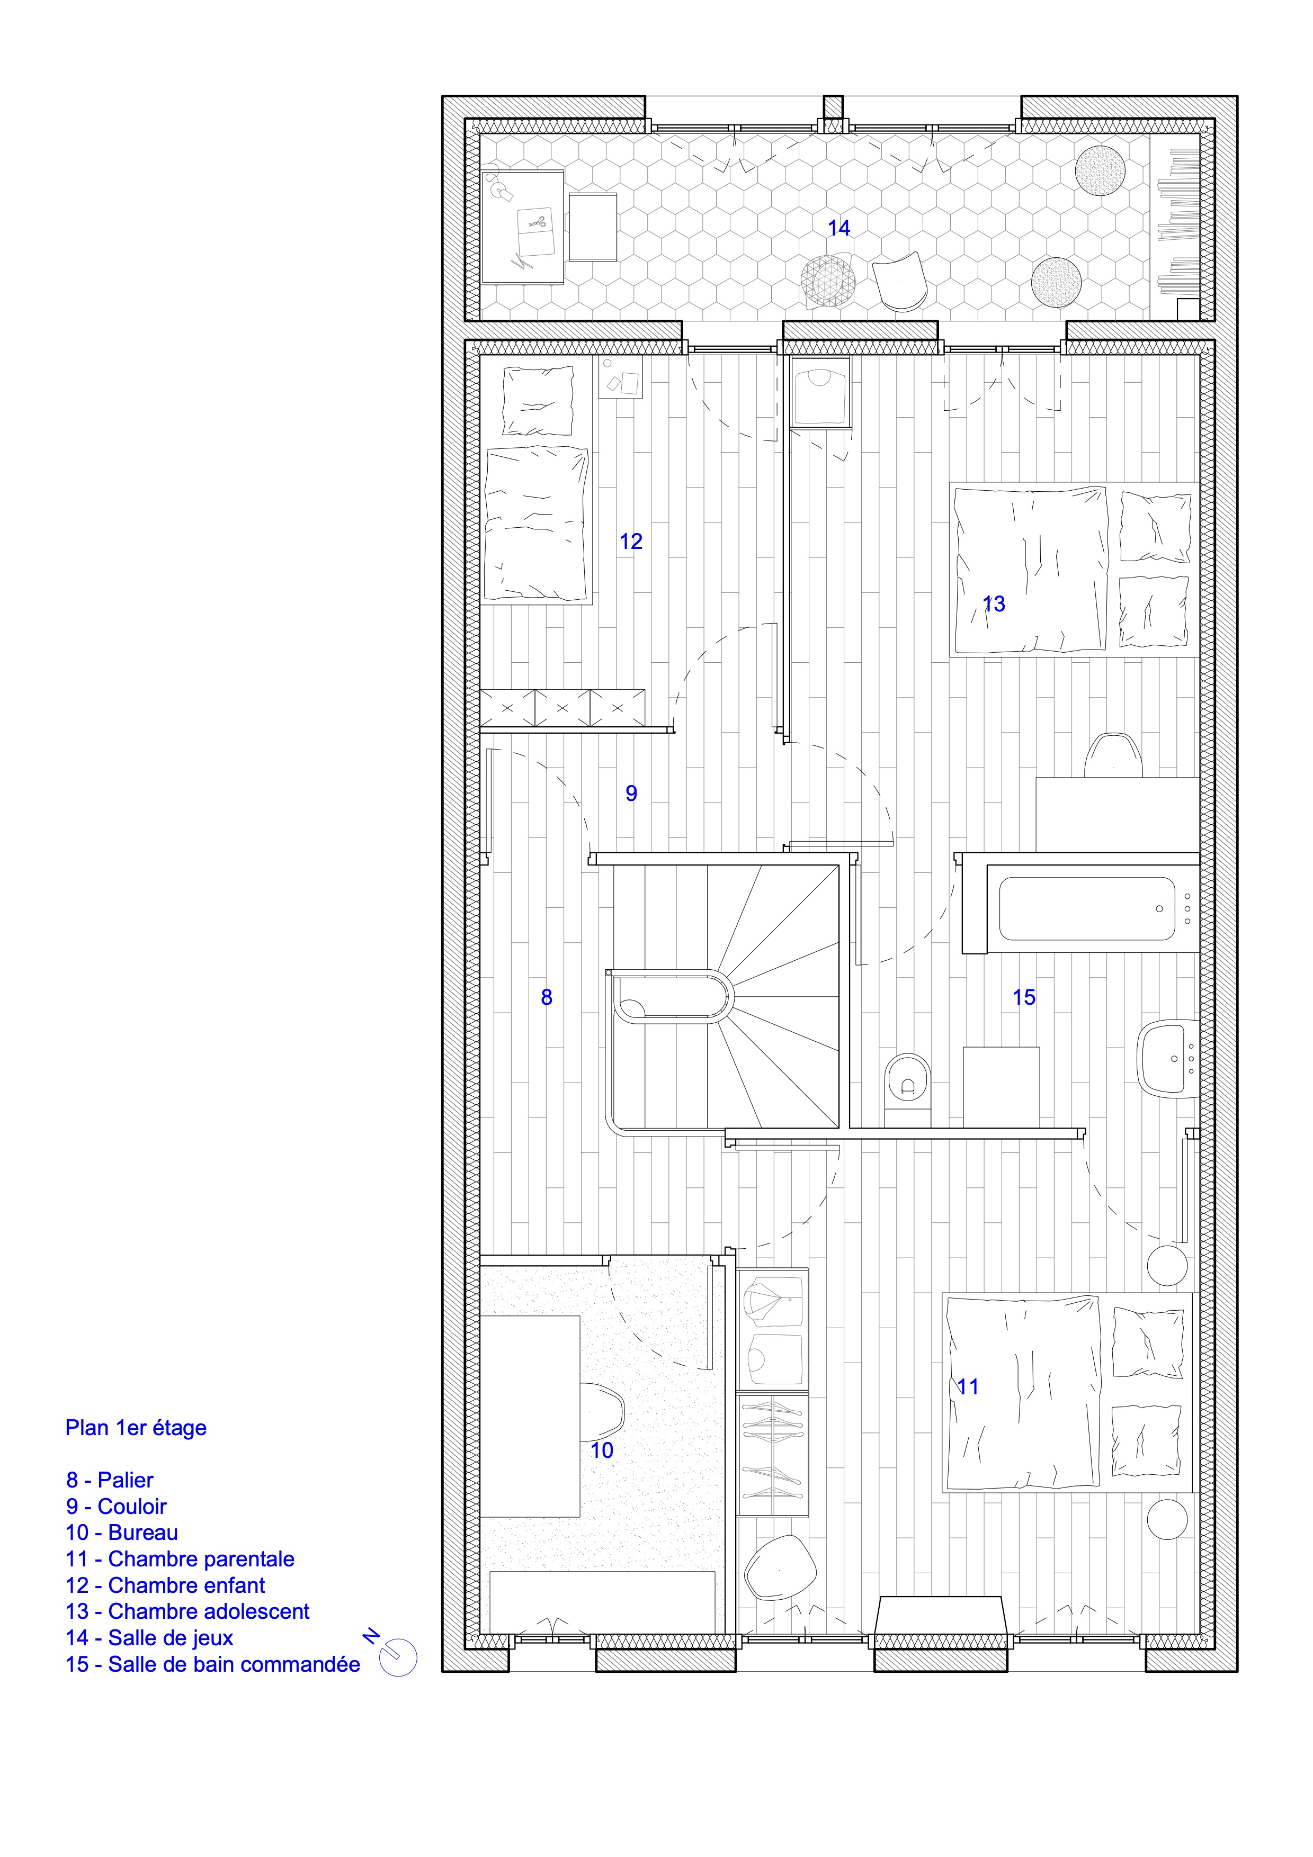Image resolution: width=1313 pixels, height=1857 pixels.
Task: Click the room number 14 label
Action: click(839, 228)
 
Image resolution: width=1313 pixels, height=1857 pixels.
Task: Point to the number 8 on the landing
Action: click(547, 997)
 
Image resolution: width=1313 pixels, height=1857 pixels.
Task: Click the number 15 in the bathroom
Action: click(1024, 997)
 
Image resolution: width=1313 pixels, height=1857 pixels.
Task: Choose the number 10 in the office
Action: click(602, 1450)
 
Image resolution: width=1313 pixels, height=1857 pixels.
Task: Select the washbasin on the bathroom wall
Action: click(1167, 1058)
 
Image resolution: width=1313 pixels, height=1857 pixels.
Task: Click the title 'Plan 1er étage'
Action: click(136, 1428)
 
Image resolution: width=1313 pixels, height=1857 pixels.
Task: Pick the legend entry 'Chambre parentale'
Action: click(201, 1559)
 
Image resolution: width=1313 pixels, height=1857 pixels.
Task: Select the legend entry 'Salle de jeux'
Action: click(171, 1638)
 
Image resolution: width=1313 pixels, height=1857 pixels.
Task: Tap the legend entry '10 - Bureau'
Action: click(122, 1533)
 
